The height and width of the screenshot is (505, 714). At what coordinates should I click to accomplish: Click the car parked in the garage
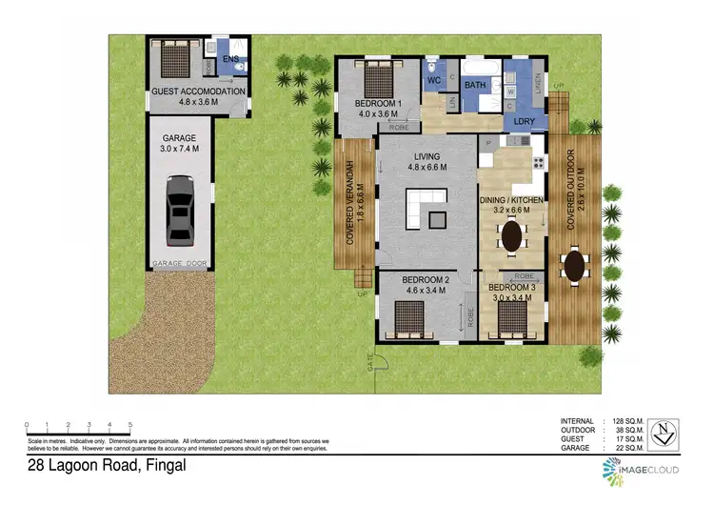point(181,211)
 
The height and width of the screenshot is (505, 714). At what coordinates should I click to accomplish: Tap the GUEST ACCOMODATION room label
point(198,91)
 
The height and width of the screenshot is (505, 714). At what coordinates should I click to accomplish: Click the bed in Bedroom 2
point(409,315)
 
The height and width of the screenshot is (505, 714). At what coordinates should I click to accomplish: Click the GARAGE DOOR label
point(180,264)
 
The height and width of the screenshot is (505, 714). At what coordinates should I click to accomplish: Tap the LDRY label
point(524,122)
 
